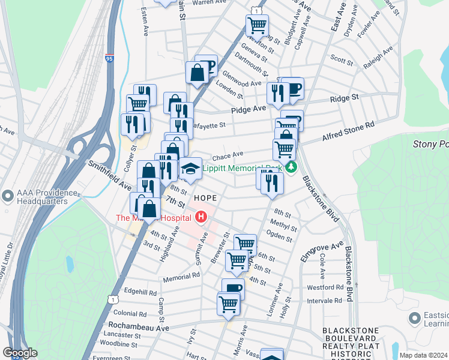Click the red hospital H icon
tap(201, 217)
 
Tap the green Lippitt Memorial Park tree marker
tap(291, 167)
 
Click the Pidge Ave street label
tap(249, 110)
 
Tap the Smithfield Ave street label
tap(109, 175)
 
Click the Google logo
tap(20, 353)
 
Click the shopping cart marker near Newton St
tap(257, 25)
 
